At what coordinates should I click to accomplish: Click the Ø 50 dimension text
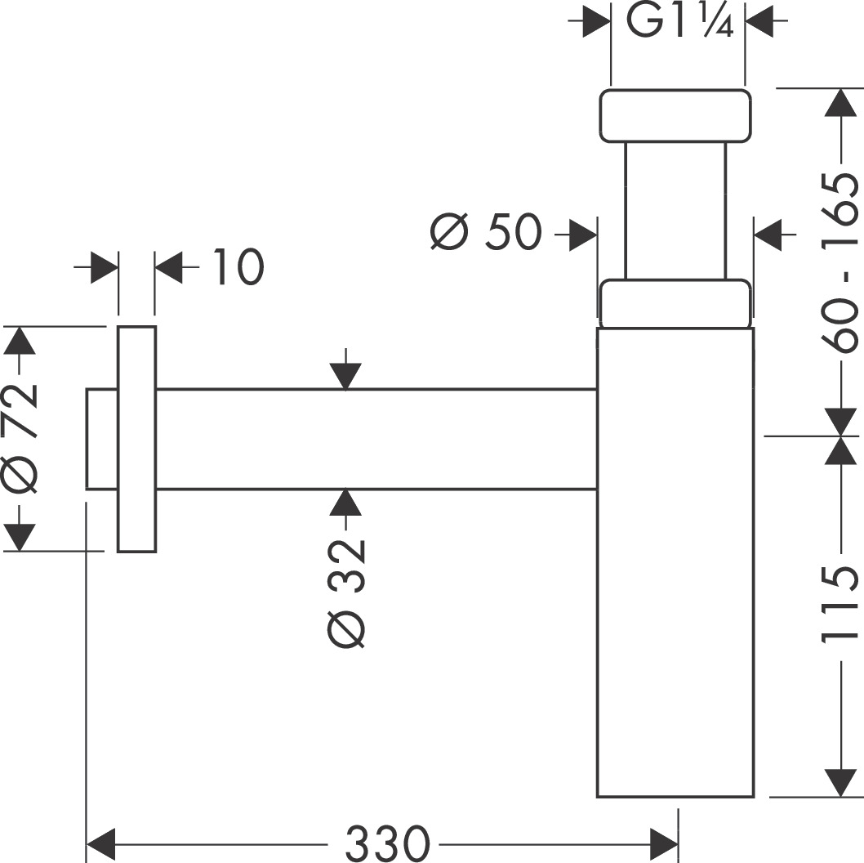pyautogui.click(x=486, y=234)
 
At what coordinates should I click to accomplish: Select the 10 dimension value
pyautogui.click(x=238, y=267)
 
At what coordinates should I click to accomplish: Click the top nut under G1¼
pyautogui.click(x=675, y=115)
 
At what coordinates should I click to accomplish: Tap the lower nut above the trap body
pyautogui.click(x=675, y=303)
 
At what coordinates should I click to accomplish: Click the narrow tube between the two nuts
pyautogui.click(x=675, y=211)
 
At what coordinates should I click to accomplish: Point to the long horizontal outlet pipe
pyautogui.click(x=376, y=440)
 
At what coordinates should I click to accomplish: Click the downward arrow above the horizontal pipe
pyautogui.click(x=346, y=376)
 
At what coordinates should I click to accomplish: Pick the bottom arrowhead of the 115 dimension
pyautogui.click(x=840, y=781)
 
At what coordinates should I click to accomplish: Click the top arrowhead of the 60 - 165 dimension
pyautogui.click(x=840, y=102)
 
